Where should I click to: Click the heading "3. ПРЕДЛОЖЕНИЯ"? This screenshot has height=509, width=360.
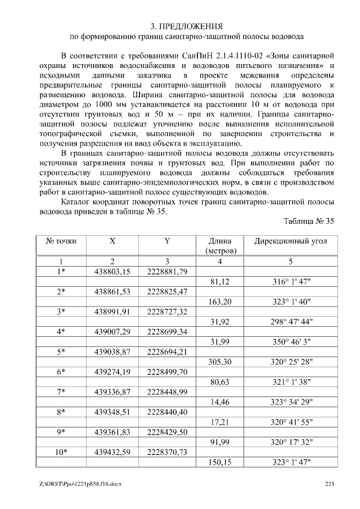[x=187, y=26]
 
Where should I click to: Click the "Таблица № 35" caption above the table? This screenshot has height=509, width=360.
[x=309, y=222]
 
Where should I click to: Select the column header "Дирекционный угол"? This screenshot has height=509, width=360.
[x=291, y=241]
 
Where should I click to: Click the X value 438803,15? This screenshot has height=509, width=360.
[x=112, y=272]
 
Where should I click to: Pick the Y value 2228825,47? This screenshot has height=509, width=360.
[x=167, y=291]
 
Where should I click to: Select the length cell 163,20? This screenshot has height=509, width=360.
[x=220, y=301]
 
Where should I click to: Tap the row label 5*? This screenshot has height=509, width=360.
[x=61, y=352]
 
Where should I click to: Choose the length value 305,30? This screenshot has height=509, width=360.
[x=220, y=362]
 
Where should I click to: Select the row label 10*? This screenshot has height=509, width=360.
[x=61, y=452]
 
